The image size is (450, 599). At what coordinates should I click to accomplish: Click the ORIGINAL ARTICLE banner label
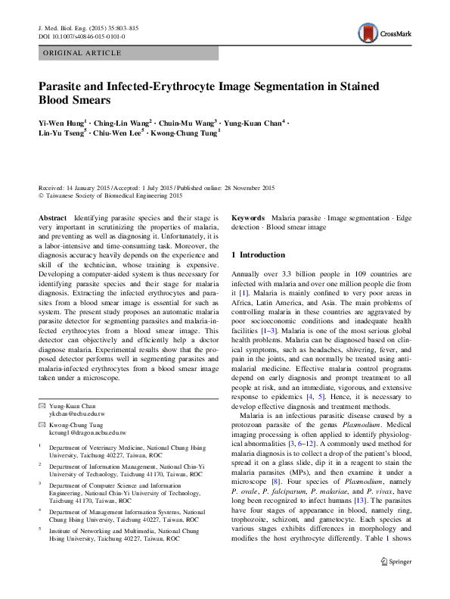[x=82, y=54]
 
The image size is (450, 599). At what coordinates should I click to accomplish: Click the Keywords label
[x=247, y=217]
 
